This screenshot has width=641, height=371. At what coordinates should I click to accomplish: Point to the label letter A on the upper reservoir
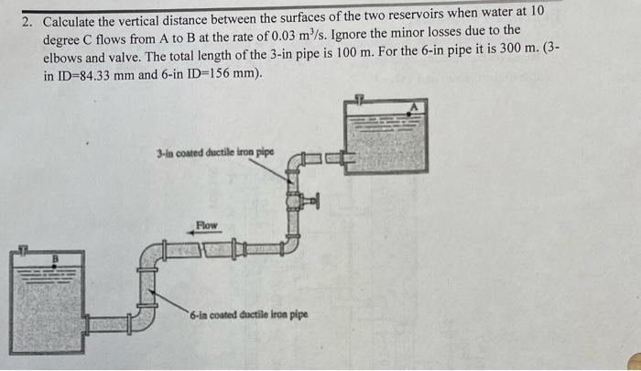(x=413, y=107)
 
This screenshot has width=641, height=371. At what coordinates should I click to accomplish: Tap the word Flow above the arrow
(x=208, y=224)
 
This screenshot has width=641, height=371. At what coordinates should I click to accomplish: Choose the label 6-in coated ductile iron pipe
(x=249, y=314)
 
